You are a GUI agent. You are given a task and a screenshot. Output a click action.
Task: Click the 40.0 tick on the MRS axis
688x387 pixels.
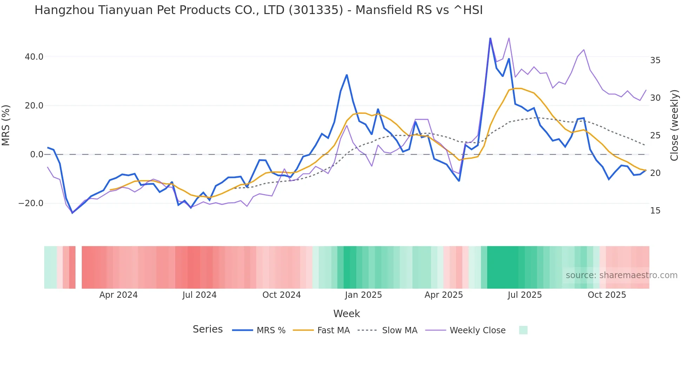click(x=34, y=57)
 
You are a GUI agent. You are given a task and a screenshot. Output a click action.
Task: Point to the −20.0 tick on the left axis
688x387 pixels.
click(x=31, y=203)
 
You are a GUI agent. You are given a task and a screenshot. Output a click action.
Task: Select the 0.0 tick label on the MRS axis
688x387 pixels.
click(x=37, y=155)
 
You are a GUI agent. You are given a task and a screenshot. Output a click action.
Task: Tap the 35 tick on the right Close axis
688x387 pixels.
click(x=655, y=60)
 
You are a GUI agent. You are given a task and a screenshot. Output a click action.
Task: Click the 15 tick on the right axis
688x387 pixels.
click(x=655, y=211)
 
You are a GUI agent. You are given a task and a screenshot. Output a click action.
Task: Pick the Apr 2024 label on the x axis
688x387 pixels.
click(x=118, y=295)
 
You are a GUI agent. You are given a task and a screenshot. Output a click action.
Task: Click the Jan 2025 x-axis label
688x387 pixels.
click(x=363, y=295)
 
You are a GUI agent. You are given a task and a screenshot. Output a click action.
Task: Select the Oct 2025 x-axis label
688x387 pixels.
click(x=607, y=295)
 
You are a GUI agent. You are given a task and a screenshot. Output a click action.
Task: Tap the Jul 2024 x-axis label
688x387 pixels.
click(x=199, y=295)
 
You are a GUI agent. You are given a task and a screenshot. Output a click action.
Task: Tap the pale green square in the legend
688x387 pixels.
click(x=523, y=330)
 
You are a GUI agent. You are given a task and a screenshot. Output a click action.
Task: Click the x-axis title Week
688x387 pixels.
click(x=346, y=314)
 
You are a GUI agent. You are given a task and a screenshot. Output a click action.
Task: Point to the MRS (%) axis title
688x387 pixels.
click(x=6, y=125)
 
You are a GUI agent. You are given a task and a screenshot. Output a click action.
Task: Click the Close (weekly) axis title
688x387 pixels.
click(x=674, y=125)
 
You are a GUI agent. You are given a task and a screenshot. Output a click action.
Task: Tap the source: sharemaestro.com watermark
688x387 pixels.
click(x=621, y=275)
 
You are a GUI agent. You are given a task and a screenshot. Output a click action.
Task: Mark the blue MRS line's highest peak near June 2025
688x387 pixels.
click(x=490, y=38)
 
